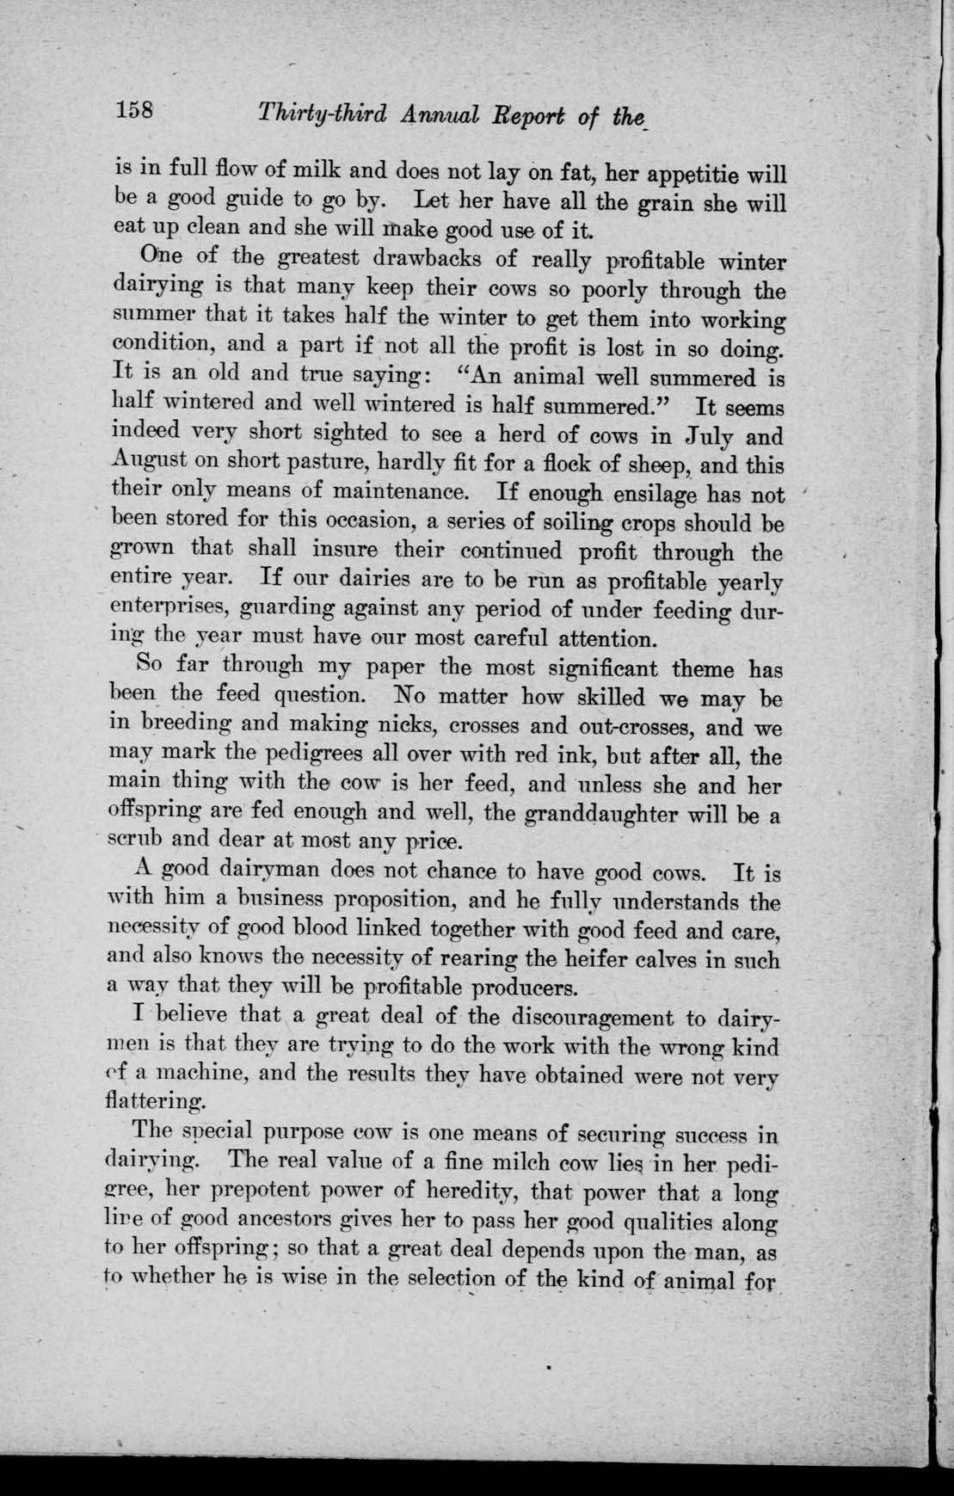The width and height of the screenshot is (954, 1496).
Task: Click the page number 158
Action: click(135, 111)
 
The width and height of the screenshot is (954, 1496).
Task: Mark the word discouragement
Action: click(593, 1018)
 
